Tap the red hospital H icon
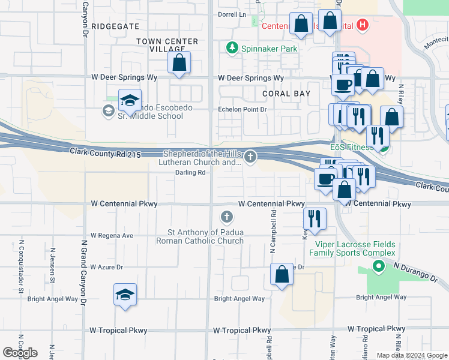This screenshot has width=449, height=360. [362, 25]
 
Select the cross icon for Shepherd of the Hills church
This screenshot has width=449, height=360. [250, 157]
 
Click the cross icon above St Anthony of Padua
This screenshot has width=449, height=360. [226, 217]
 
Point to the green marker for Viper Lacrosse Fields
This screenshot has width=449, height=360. [378, 268]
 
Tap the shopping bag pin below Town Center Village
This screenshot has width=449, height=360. [179, 63]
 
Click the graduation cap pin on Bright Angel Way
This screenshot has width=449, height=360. [125, 295]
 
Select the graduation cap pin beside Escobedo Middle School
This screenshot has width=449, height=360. [129, 101]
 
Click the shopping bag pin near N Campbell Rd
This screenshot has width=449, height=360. [282, 275]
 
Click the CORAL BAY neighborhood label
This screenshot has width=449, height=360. [286, 94]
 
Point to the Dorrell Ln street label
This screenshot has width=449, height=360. [232, 14]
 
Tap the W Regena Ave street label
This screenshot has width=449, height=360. [112, 236]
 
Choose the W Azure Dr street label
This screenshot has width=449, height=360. [106, 267]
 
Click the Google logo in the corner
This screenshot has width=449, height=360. [20, 352]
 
